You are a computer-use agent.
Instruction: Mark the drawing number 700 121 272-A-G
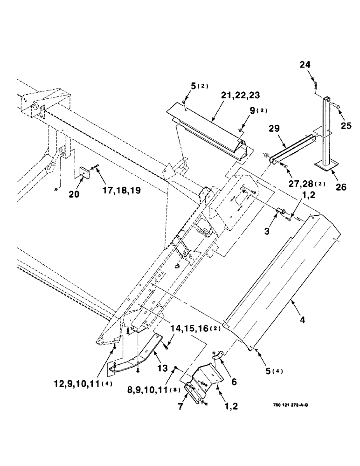pos(289,404)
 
